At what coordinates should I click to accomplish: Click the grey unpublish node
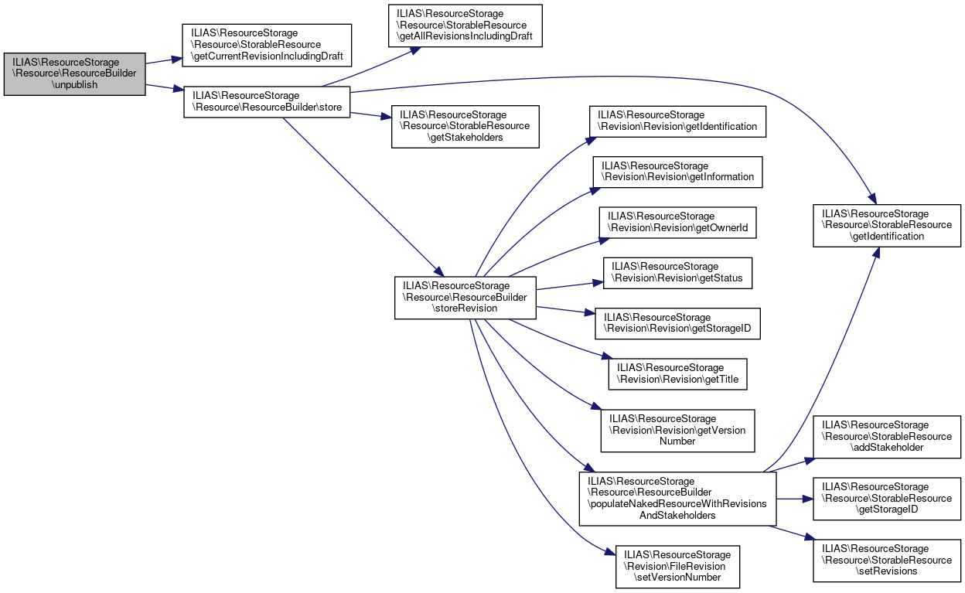point(74,73)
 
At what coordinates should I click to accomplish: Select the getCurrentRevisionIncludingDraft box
point(266,45)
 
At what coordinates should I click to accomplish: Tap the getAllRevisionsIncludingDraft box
point(467,26)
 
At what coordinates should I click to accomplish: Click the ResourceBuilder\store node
point(267,101)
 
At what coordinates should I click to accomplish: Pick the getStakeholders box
point(465,126)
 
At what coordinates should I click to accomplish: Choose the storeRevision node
point(465,297)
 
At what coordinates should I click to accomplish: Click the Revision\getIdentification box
point(677,121)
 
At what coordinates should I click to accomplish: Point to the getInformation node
point(677,172)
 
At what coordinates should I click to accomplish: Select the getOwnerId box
point(677,223)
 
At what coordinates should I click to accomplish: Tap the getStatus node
point(677,273)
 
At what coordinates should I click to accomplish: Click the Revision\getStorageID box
point(677,323)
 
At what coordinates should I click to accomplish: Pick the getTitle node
point(677,373)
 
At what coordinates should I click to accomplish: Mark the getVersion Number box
point(677,430)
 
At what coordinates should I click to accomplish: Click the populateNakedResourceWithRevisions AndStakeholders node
point(677,499)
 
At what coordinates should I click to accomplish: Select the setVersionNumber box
point(677,565)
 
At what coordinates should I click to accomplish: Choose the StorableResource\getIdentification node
point(886,225)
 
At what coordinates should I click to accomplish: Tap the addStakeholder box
point(886,436)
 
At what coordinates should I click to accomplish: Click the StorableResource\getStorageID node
point(886,499)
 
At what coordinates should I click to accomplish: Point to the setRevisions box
point(886,560)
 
